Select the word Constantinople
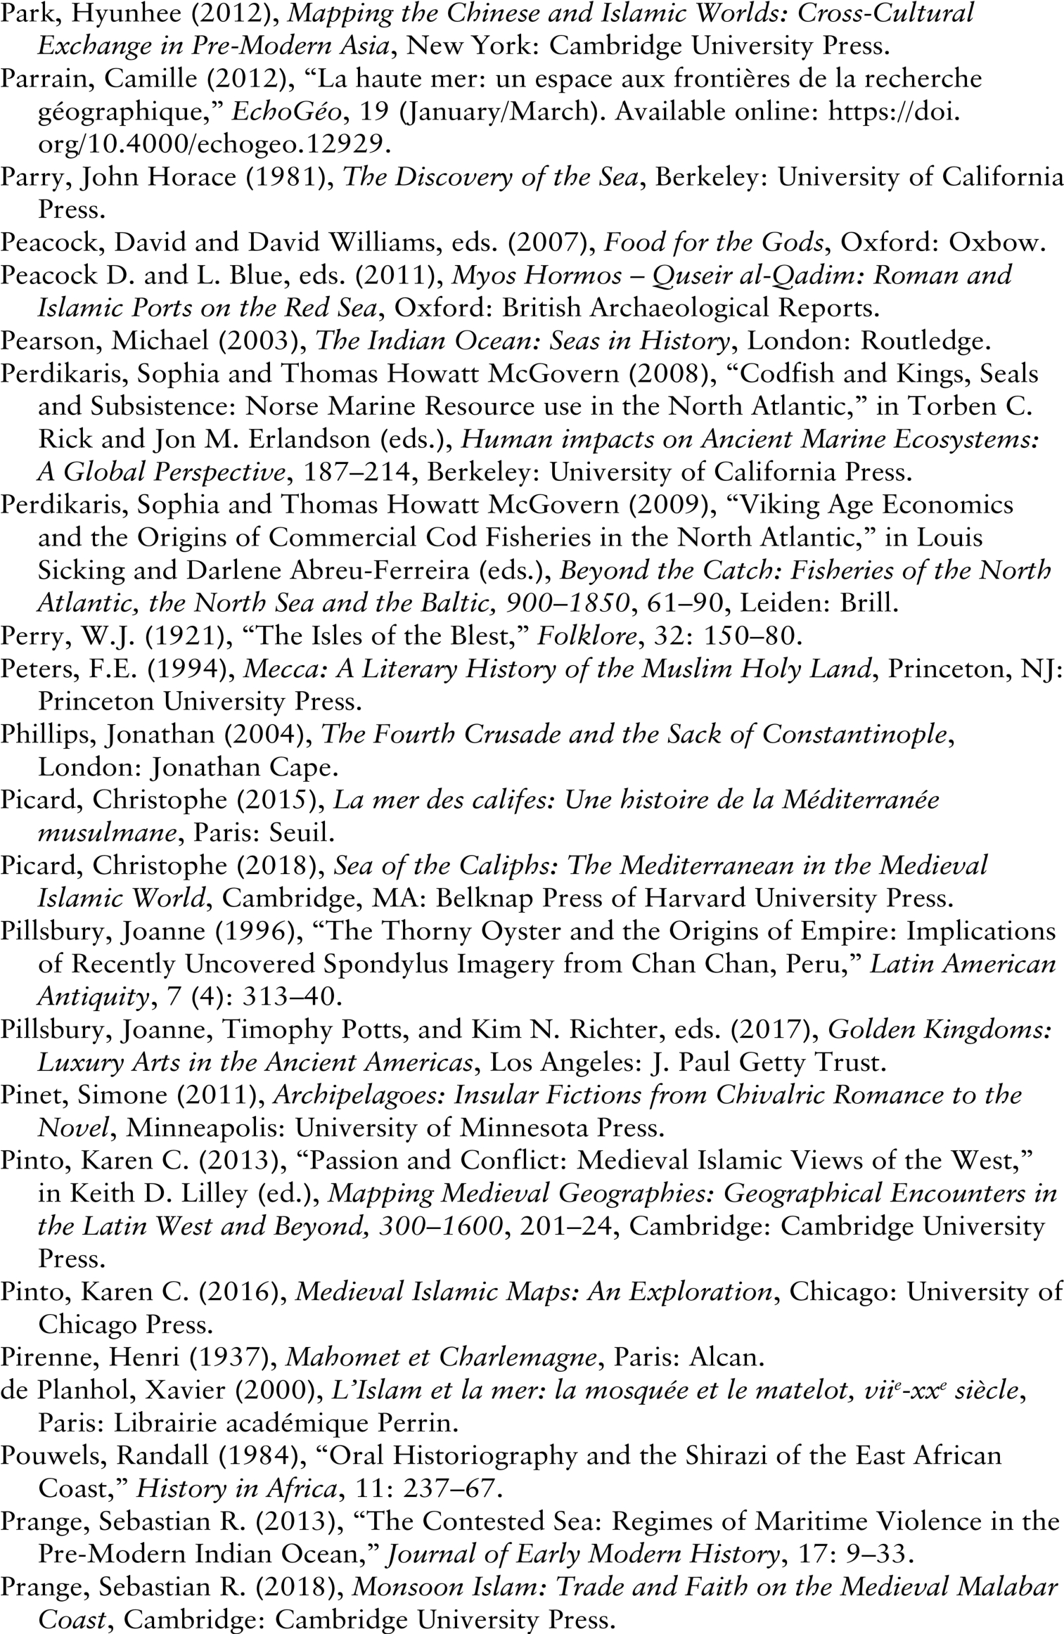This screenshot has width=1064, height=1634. tap(855, 734)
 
